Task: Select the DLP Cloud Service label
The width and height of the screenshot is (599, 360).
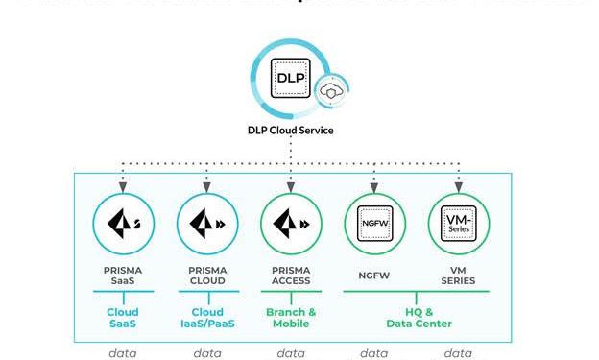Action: (290, 131)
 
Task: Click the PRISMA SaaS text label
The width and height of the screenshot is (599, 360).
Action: (123, 275)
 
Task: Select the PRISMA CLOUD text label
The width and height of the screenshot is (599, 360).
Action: (207, 275)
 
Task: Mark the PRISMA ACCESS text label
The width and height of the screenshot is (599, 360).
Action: (291, 275)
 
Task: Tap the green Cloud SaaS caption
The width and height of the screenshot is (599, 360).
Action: (123, 318)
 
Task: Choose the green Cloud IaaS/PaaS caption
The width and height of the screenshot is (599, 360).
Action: (207, 318)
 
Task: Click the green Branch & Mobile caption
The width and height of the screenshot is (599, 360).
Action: (291, 318)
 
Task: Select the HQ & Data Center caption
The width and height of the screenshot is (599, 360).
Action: (416, 318)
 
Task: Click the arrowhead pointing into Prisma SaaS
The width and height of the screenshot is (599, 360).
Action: (124, 183)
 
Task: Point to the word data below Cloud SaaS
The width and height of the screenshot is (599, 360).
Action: (123, 353)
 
